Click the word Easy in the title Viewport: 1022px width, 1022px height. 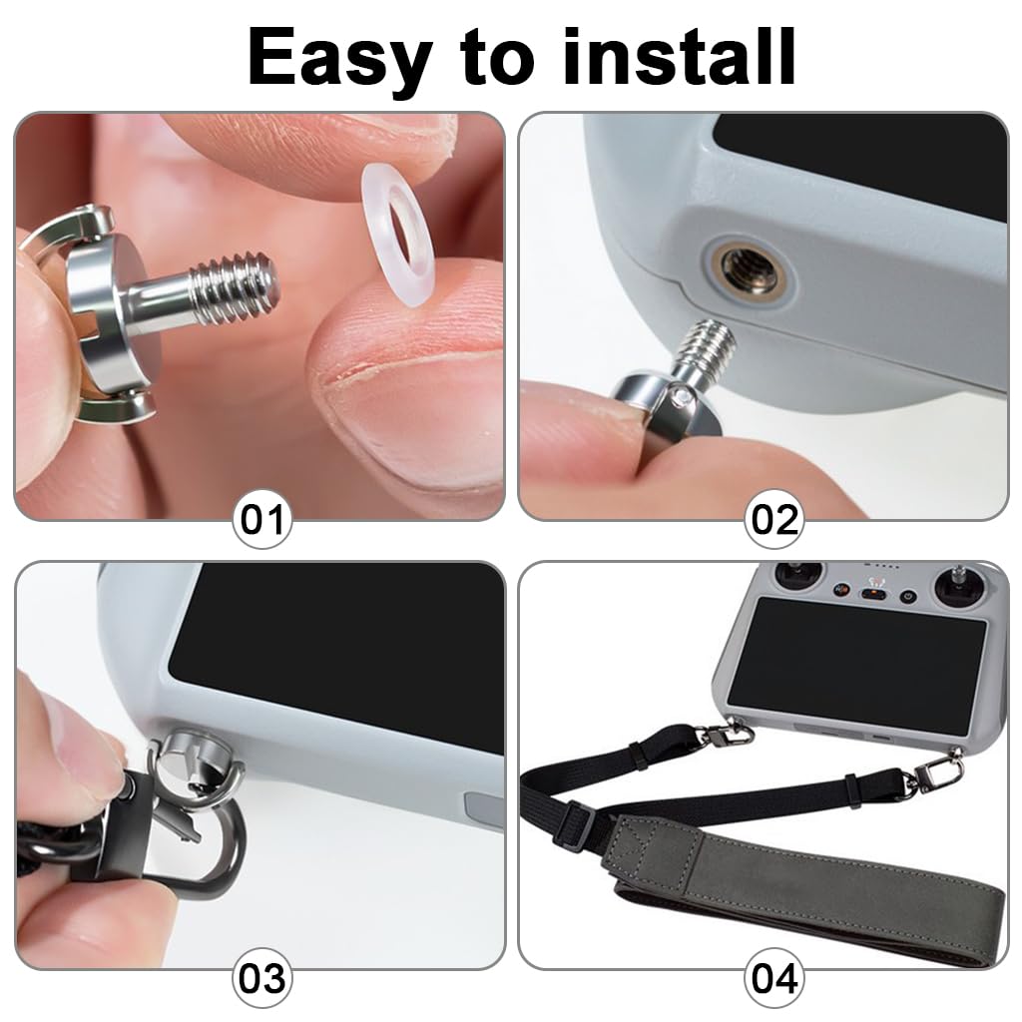[340, 59]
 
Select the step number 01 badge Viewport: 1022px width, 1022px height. [262, 519]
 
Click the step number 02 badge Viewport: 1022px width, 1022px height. [774, 519]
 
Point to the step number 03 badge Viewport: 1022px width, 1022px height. [262, 978]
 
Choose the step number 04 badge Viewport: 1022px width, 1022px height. [774, 978]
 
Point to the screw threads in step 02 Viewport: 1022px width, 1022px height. [707, 345]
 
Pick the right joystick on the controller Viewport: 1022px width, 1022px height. [959, 583]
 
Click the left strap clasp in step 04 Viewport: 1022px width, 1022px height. [726, 734]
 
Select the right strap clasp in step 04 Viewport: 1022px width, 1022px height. [933, 771]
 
